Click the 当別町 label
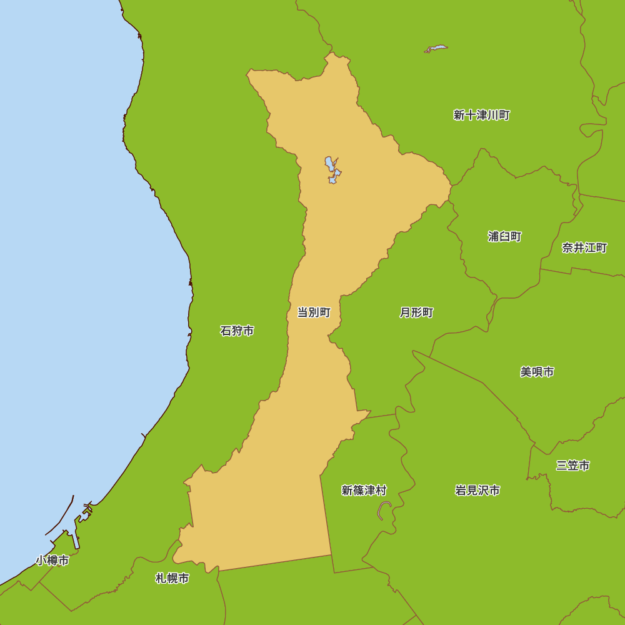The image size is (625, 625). [313, 312]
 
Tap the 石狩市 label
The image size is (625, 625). [237, 331]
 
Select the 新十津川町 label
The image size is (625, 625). [481, 115]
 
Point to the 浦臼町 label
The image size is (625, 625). [504, 236]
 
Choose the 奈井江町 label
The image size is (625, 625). [584, 247]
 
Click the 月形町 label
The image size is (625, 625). [416, 312]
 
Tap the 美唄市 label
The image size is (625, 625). [537, 372]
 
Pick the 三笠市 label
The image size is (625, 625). [572, 466]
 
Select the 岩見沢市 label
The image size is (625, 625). [477, 491]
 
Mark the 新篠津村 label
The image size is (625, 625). [364, 491]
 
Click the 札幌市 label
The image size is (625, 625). [172, 579]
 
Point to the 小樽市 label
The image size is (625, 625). [52, 561]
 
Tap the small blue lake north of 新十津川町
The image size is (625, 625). [436, 48]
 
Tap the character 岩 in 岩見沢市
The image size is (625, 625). [461, 491]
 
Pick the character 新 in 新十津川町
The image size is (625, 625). [459, 115]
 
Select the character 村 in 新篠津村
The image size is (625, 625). [381, 491]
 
